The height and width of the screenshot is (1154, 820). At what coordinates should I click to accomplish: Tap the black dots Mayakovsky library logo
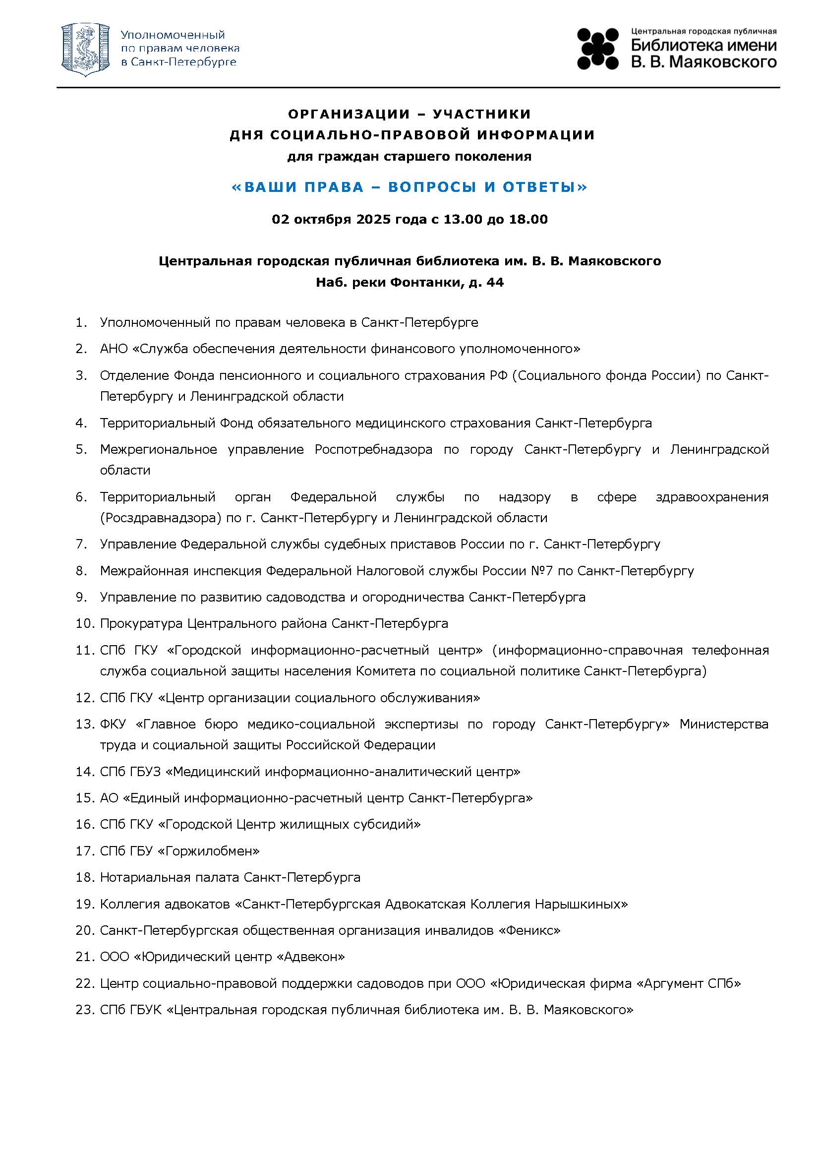coord(598,49)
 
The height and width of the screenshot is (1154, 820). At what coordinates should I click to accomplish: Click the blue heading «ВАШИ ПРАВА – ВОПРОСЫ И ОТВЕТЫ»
coord(410,187)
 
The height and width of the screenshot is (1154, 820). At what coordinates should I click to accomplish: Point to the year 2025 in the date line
coord(374,219)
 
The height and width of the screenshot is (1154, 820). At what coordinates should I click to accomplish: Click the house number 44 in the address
coord(495,282)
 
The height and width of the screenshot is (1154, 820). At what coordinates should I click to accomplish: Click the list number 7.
coord(81,545)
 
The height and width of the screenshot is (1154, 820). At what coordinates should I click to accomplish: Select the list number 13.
coord(84,724)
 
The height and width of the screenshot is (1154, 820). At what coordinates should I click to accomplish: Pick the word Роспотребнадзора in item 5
coord(373,449)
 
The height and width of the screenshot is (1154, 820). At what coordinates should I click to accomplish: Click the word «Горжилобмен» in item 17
coord(209,851)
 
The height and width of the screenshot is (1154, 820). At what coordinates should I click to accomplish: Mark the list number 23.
coord(84,1010)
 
